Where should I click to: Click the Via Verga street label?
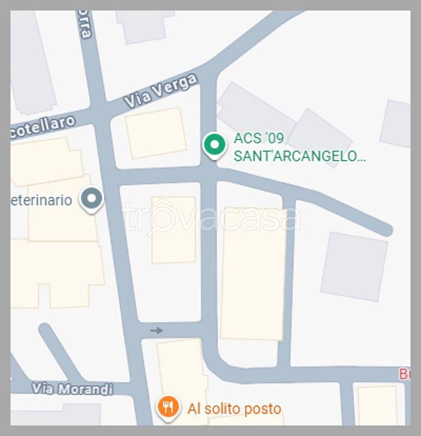point(160,91)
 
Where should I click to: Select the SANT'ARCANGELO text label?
point(299,156)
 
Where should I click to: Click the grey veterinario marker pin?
point(93,199)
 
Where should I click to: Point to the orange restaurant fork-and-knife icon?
point(168,406)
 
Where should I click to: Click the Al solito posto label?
point(234,409)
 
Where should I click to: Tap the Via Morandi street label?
point(73,388)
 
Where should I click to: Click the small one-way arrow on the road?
point(157,330)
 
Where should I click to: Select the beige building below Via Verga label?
point(156,133)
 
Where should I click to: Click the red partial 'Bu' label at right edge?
point(404,374)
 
